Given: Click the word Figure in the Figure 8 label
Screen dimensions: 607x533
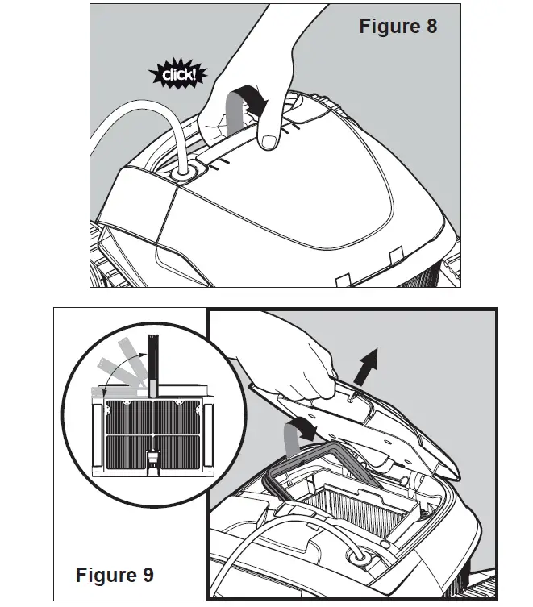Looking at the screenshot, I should click(x=387, y=26).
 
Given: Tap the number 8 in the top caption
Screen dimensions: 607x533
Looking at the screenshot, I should click(x=429, y=26).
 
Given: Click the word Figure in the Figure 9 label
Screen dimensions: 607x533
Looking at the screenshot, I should click(x=104, y=575).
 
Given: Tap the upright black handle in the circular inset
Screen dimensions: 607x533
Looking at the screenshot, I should click(x=152, y=363).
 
